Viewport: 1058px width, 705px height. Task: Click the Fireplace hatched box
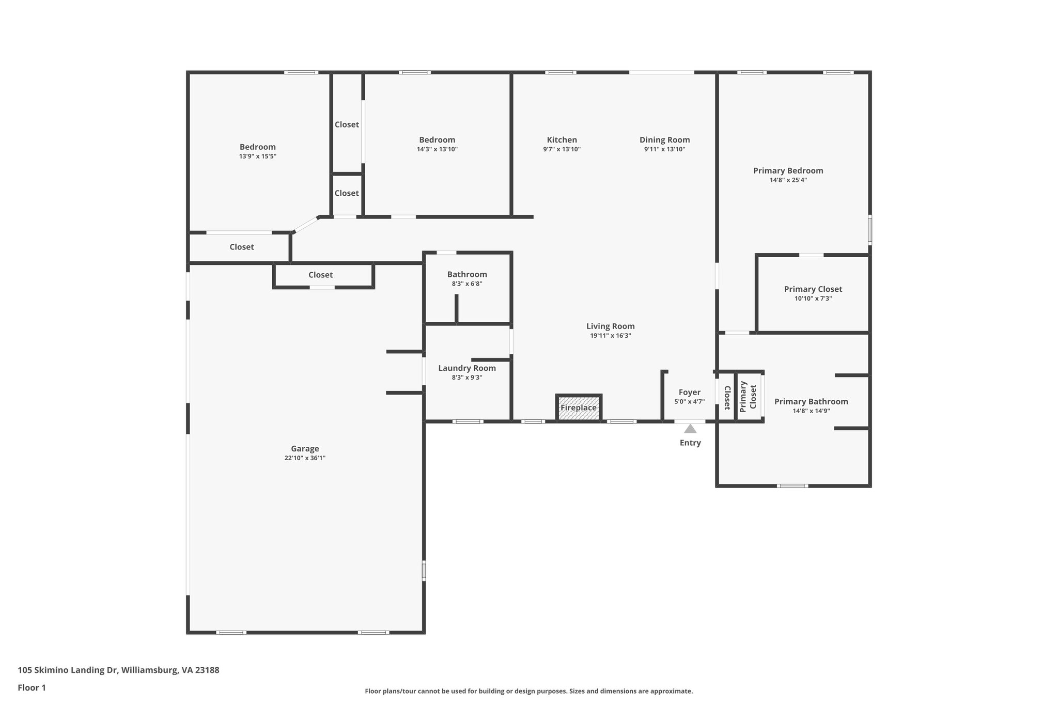(579, 408)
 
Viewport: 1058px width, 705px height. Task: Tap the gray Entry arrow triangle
(690, 429)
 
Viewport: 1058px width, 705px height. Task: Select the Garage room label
(305, 449)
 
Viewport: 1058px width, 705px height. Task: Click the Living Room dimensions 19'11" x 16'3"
(611, 336)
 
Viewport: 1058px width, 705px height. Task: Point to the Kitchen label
(562, 140)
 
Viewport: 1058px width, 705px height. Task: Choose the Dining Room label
(664, 140)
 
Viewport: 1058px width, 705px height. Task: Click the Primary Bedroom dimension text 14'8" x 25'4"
(788, 180)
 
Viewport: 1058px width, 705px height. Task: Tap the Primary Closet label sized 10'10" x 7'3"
(813, 289)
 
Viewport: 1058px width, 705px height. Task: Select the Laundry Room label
(467, 368)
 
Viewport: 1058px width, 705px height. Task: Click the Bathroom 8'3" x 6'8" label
(467, 275)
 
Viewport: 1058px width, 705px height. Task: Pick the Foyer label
(689, 393)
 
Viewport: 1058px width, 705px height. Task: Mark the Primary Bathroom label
(811, 402)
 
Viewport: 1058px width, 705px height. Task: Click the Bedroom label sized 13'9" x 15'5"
(257, 147)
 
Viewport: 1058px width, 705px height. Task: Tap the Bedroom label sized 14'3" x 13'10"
(437, 140)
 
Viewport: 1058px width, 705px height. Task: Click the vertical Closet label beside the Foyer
(727, 397)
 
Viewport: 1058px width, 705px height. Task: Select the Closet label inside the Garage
(320, 275)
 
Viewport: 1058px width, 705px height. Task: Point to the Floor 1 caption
(32, 687)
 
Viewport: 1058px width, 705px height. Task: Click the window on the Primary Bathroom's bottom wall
(792, 485)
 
